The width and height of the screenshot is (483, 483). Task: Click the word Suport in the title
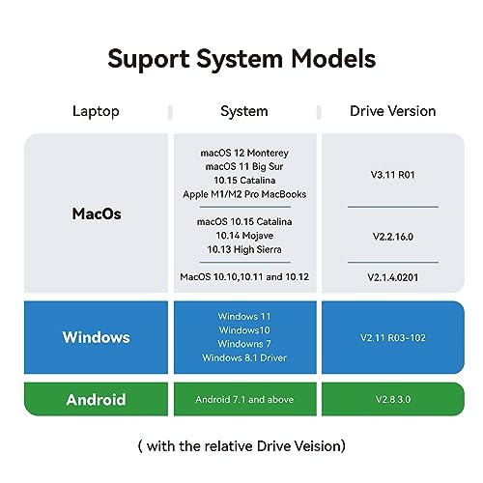click(x=149, y=60)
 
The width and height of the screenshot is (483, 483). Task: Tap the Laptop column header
click(x=96, y=112)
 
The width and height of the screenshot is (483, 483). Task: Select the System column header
click(x=244, y=111)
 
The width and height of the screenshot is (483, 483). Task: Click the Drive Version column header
click(x=393, y=111)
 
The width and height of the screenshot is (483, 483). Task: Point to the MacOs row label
click(x=97, y=213)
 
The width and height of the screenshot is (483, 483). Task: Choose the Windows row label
click(x=97, y=337)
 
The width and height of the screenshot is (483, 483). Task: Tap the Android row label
click(x=96, y=400)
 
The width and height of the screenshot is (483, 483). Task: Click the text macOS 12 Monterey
click(x=244, y=153)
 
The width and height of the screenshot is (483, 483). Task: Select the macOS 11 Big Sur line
click(x=244, y=166)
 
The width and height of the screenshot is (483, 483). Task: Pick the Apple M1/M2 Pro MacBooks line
click(x=244, y=194)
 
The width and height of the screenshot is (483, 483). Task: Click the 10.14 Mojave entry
click(x=244, y=236)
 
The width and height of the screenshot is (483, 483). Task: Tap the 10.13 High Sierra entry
click(x=244, y=249)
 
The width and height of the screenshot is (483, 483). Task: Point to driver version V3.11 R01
click(x=393, y=175)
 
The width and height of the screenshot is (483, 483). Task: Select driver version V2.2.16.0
click(x=393, y=237)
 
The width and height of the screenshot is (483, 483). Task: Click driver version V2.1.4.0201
click(x=393, y=277)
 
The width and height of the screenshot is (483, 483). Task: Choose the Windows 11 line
click(x=244, y=316)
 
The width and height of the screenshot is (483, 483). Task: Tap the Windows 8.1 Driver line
click(x=244, y=357)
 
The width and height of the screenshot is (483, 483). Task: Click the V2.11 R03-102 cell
click(x=393, y=337)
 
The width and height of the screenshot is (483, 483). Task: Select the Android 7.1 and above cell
click(x=244, y=400)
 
